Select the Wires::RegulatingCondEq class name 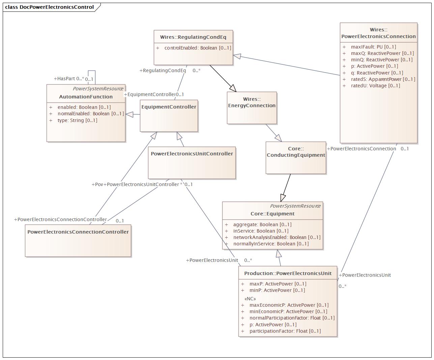(193, 37)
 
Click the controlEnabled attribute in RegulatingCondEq (198, 48)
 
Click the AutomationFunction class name (86, 97)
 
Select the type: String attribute (77, 120)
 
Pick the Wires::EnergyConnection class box (252, 108)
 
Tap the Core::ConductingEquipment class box (296, 157)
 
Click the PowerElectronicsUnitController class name (192, 154)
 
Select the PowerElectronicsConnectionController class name (78, 232)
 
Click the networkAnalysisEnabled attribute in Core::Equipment (277, 237)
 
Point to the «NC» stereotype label (250, 299)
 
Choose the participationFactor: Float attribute (285, 331)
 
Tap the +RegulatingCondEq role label (163, 70)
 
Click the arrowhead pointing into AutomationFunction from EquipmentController (129, 115)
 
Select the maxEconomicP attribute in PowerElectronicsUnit (289, 305)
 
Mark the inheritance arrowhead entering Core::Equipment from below (278, 253)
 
